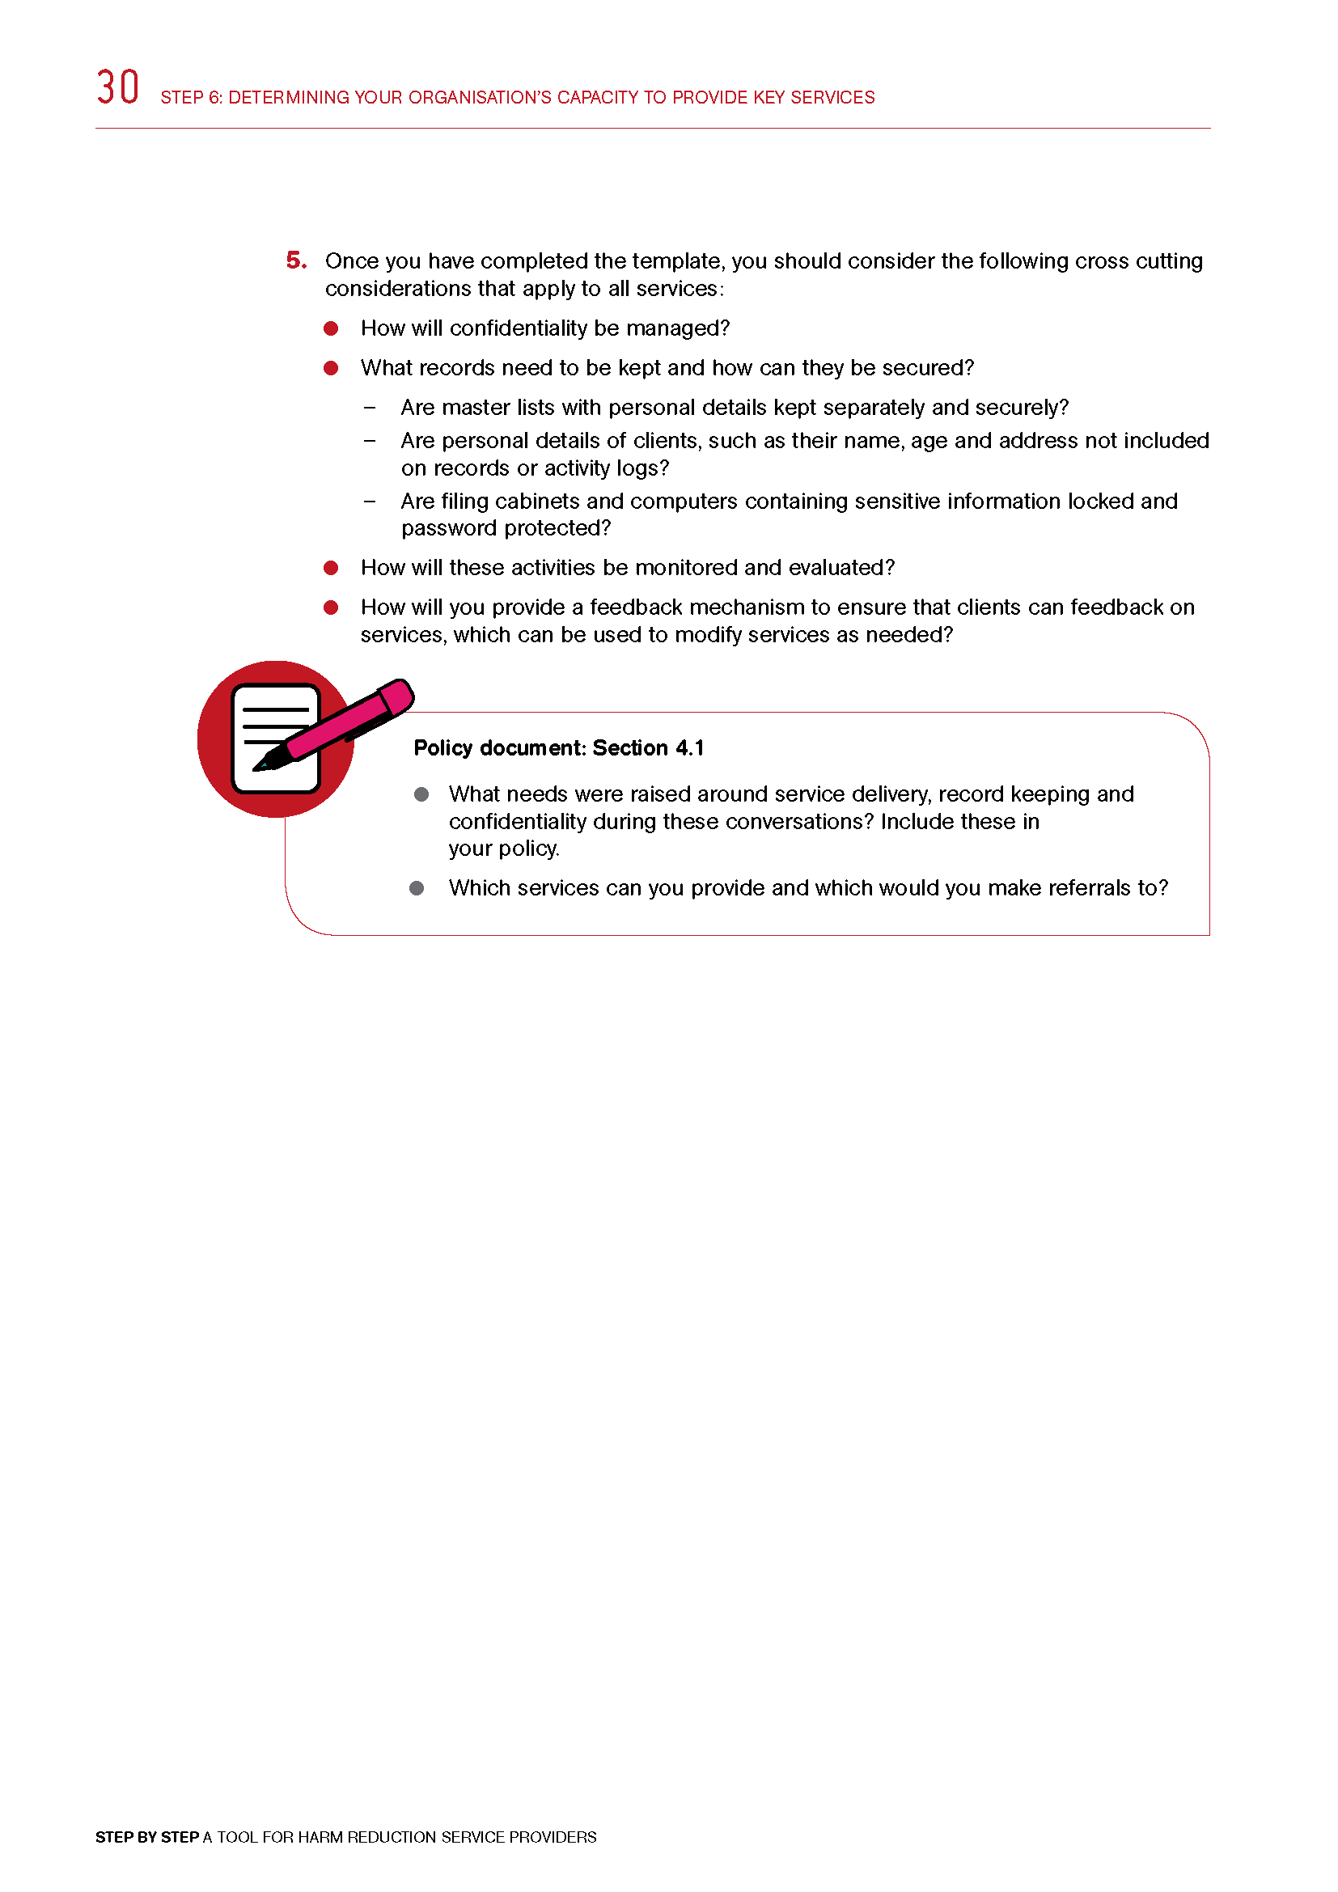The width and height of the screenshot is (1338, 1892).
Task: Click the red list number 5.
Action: click(x=296, y=260)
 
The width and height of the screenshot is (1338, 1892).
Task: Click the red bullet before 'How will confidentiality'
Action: click(x=331, y=328)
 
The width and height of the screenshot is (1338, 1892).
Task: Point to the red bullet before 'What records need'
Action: click(x=331, y=368)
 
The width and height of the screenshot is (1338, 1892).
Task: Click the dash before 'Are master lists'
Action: click(x=370, y=408)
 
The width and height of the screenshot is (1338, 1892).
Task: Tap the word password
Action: click(x=449, y=528)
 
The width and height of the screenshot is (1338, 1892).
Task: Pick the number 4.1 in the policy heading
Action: click(x=689, y=748)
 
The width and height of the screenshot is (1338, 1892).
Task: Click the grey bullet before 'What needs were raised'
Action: click(x=421, y=794)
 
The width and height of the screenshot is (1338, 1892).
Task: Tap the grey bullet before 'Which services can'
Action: click(x=417, y=888)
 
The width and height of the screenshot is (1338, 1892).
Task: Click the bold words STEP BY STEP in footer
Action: click(x=146, y=1837)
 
